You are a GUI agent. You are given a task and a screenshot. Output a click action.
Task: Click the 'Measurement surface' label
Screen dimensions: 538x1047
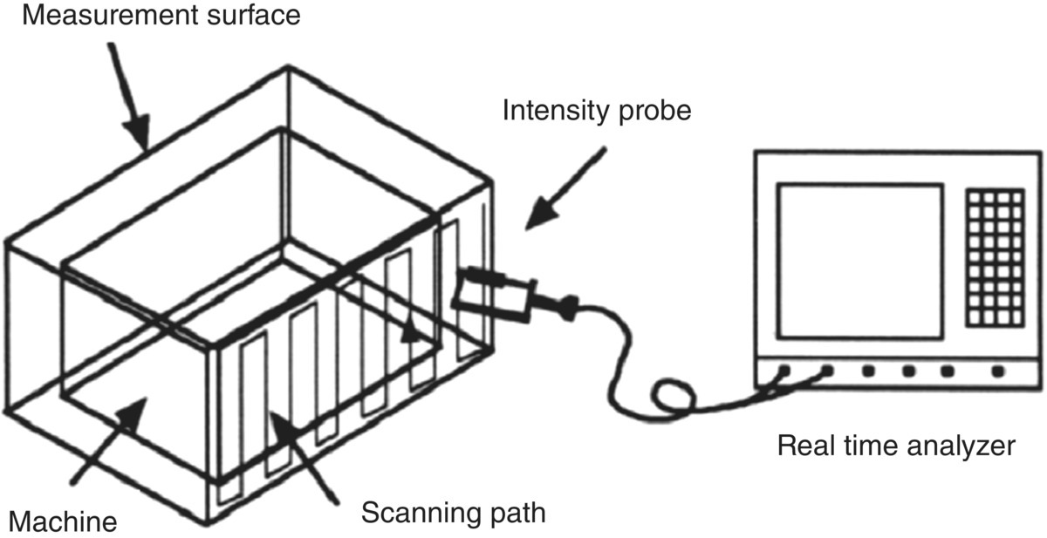pyautogui.click(x=161, y=15)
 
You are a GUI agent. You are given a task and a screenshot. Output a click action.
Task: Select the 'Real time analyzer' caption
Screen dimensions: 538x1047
pyautogui.click(x=896, y=447)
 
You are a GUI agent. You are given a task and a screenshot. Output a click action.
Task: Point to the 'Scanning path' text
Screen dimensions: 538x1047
pyautogui.click(x=454, y=511)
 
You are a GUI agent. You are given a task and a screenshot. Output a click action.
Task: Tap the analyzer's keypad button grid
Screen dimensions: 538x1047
pyautogui.click(x=995, y=256)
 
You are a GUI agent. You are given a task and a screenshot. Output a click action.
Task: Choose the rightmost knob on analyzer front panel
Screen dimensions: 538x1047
pyautogui.click(x=998, y=371)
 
